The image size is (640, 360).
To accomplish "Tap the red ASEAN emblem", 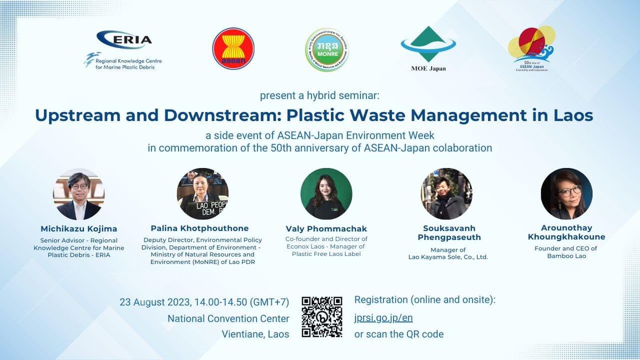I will pos(233,49).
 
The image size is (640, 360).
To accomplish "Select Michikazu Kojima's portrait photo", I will pos(78,194).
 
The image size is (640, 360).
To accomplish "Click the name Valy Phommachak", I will pos(326,229).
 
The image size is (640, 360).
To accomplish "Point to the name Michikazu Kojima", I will pos(78,228).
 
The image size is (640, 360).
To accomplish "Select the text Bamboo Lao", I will pos(566,257).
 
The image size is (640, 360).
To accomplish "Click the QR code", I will pos(322,317).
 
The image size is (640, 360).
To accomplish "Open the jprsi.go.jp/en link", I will pos(383,318).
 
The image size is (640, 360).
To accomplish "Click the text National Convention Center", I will pos(228,318).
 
